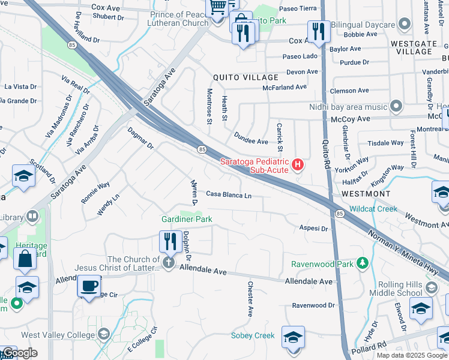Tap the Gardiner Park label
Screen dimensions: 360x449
187,220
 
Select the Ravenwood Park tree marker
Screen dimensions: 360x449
362,263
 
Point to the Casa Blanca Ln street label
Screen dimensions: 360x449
229,194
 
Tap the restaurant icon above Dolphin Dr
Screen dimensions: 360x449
170,241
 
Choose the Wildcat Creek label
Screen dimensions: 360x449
373,209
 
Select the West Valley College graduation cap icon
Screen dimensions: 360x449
104,334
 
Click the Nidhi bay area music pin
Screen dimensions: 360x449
396,107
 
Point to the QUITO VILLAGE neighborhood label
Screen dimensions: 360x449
246,77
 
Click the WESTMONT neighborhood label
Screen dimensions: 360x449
366,194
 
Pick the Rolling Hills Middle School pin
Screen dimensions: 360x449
430,289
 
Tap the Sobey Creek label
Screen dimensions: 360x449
252,335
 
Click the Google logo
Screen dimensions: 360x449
19,353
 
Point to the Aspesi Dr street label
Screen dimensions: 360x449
313,229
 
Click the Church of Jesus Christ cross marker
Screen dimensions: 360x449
169,263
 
